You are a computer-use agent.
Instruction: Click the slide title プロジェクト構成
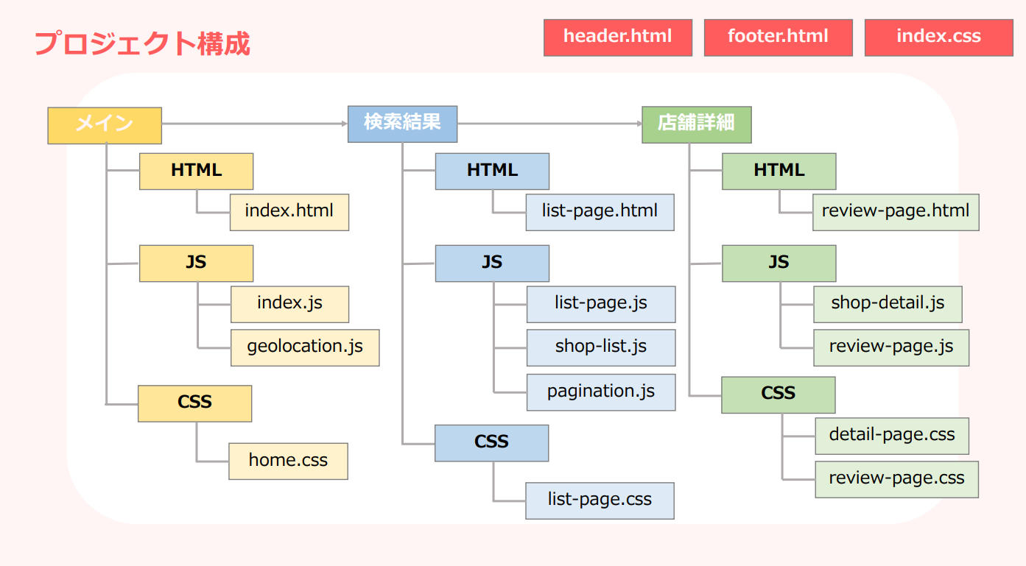coord(142,43)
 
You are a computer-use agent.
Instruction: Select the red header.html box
coord(617,37)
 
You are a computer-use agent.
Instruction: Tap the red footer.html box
coord(778,37)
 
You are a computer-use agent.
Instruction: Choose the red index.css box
coord(938,37)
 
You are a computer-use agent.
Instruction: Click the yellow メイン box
coord(105,125)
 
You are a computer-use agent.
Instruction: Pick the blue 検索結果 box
coord(402,124)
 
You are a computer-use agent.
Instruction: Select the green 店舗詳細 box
coord(696,124)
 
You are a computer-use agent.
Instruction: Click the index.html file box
coord(289,212)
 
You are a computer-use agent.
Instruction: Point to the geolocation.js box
coord(305,347)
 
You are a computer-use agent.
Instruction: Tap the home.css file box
coord(288,461)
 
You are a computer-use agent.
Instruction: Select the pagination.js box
coord(600,392)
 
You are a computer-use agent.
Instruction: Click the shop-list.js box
coord(600,347)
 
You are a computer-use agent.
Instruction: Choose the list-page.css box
coord(600,500)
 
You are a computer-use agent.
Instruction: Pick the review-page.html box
coord(896,212)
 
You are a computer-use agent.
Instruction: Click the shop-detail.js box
coord(888,304)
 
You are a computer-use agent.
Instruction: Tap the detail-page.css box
coord(891,436)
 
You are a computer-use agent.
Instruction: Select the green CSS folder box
coord(778,395)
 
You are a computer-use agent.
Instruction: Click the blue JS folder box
coord(491,263)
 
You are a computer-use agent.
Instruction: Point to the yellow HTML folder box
coord(196,171)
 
